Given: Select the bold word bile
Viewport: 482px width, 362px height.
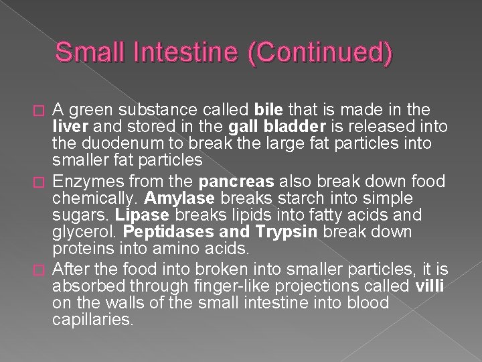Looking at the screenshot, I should tap(268, 110).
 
